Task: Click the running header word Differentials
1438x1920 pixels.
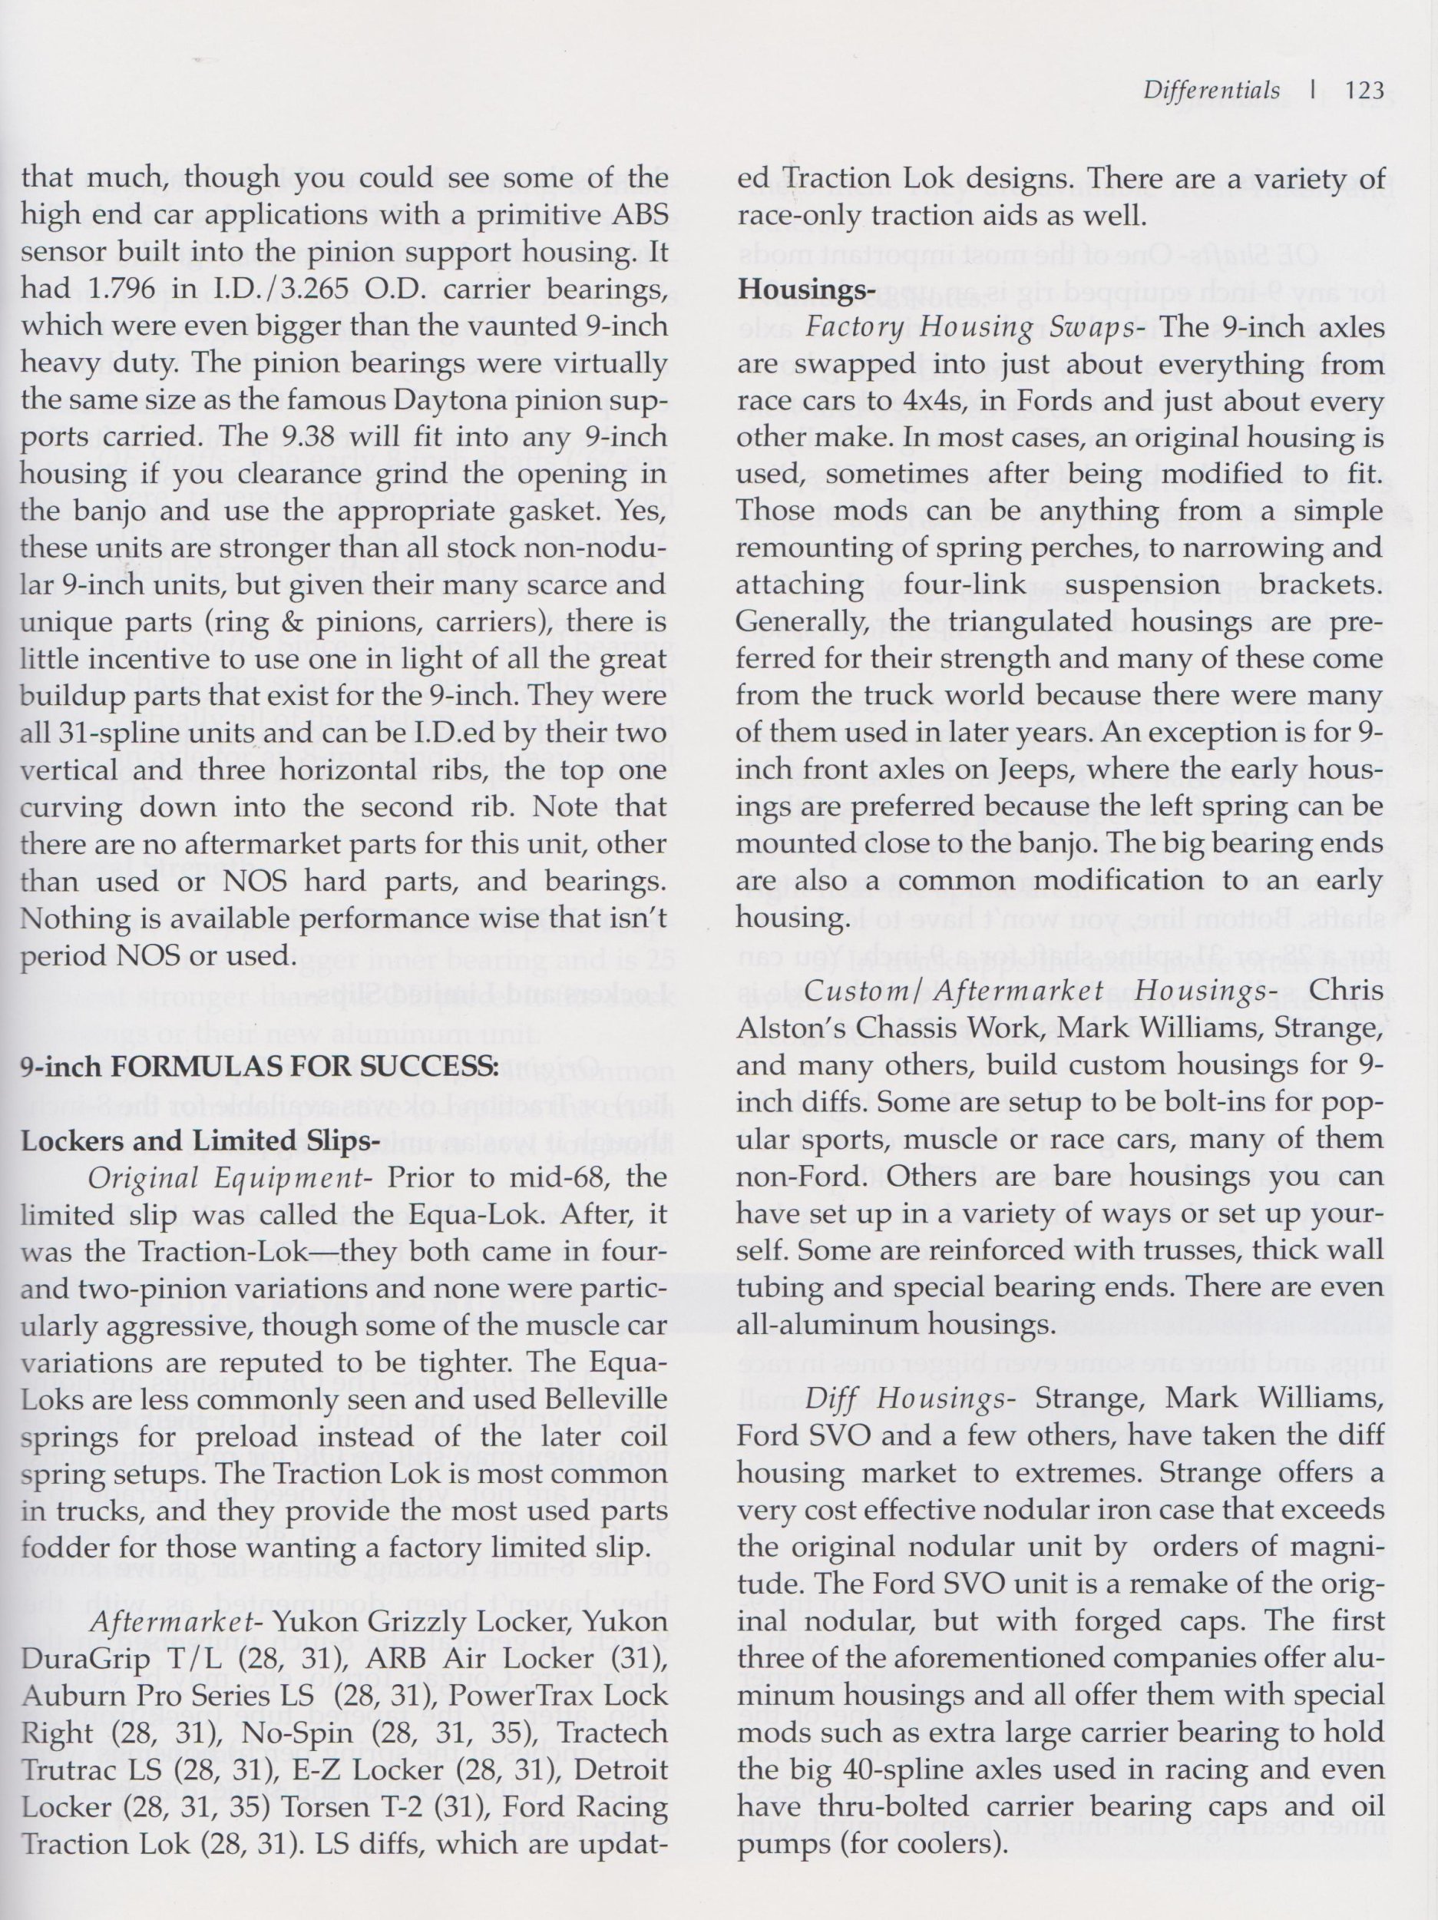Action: point(1211,91)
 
